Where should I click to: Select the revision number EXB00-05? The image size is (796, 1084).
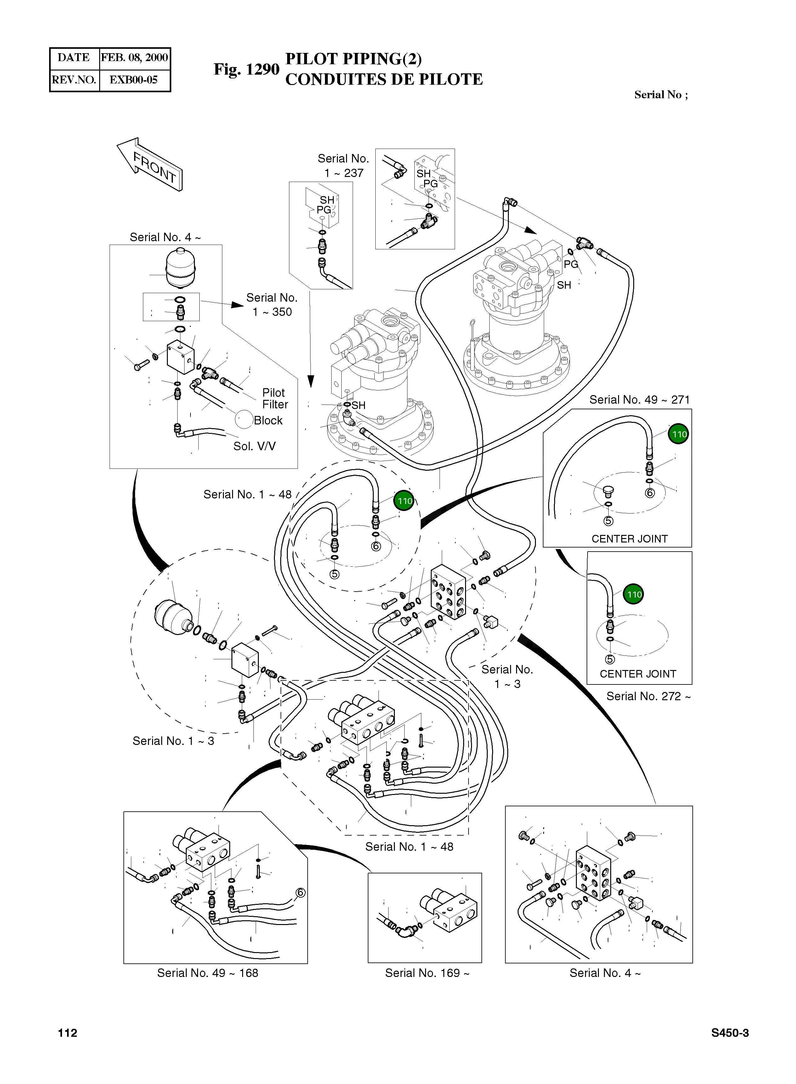click(x=134, y=80)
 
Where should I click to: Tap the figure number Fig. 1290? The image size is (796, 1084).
click(x=246, y=69)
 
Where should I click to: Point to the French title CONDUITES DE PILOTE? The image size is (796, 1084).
click(x=384, y=79)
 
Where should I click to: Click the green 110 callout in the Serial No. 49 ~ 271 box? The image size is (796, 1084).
click(x=679, y=434)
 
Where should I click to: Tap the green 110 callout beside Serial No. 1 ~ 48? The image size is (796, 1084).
click(x=405, y=501)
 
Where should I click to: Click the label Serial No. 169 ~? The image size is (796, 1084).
click(x=427, y=973)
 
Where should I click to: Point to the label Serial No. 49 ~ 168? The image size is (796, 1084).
click(x=208, y=973)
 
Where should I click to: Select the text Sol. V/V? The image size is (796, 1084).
click(x=254, y=446)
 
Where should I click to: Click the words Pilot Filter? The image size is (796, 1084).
click(x=275, y=398)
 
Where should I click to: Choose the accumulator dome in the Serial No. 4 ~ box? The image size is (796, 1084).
click(x=180, y=267)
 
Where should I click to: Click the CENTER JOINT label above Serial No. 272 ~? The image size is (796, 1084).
click(x=638, y=673)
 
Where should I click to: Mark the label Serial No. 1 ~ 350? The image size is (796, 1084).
click(x=272, y=304)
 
